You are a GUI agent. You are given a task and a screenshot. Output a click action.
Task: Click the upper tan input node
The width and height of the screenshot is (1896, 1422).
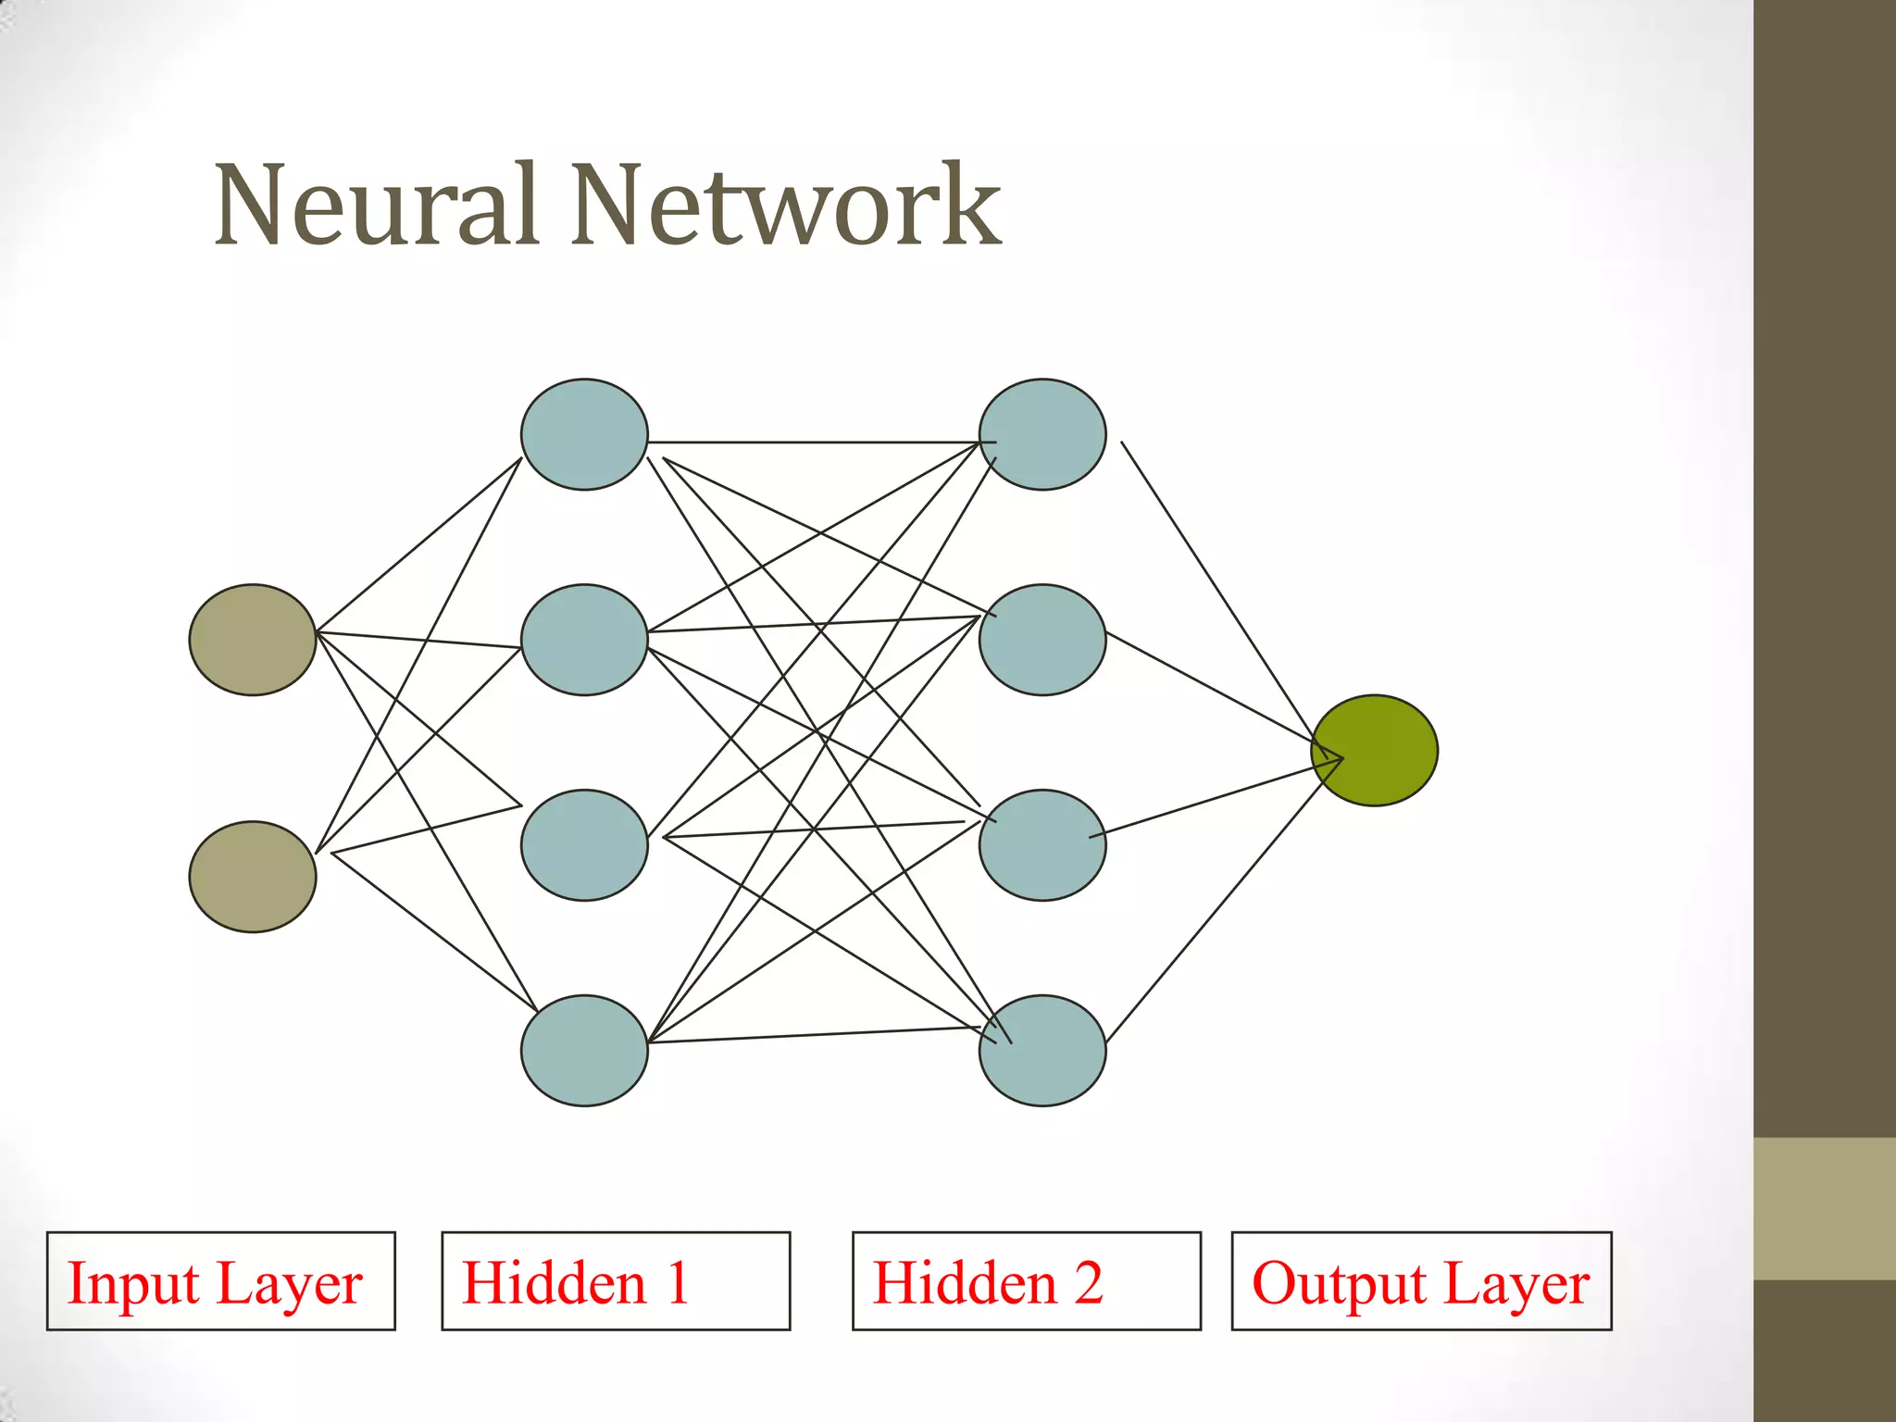pos(253,640)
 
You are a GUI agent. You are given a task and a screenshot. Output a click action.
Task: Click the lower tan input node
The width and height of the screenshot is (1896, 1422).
pos(253,877)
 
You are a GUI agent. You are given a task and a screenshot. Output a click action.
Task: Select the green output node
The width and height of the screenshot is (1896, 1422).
pos(1374,751)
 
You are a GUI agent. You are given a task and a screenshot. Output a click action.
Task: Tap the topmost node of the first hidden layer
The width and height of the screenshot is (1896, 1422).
pos(584,434)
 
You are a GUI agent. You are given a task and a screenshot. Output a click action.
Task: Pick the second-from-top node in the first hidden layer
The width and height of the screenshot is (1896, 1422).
pos(584,640)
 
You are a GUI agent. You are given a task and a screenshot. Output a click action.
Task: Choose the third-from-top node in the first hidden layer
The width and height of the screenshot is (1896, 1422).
pos(584,845)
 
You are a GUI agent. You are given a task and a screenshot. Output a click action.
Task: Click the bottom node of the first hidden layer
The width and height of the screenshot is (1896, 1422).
pos(584,1051)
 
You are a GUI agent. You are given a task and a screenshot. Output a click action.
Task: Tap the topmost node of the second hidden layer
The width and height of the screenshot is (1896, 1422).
pos(1042,434)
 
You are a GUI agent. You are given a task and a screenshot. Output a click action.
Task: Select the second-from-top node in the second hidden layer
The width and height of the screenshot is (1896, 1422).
pos(1042,640)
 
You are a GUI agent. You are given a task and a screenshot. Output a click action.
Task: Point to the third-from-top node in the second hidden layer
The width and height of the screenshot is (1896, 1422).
pos(1042,845)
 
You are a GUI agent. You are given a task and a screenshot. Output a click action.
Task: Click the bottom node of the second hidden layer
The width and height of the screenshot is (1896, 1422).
pos(1042,1051)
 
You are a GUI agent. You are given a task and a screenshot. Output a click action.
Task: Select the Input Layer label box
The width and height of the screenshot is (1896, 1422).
pos(221,1281)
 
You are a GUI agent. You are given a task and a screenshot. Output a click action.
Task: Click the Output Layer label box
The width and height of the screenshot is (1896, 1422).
pos(1421,1281)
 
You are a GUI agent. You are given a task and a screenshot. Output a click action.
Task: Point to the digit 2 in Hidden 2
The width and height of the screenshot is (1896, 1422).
pos(1088,1283)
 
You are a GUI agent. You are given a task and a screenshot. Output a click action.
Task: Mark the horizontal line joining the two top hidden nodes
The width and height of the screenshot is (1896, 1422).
pos(815,443)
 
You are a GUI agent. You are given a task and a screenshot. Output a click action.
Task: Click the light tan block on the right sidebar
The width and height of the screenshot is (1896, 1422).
pos(1825,1209)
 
